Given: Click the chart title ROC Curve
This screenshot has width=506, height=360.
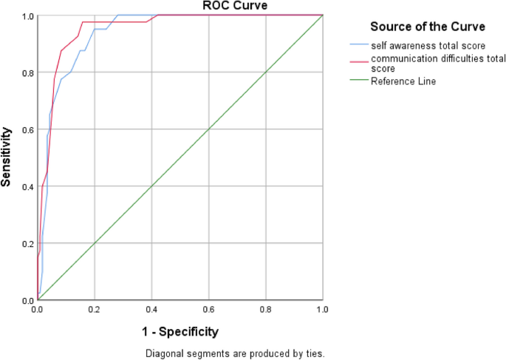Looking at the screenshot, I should (235, 7).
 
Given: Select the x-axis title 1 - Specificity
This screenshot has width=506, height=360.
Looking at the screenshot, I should (180, 331).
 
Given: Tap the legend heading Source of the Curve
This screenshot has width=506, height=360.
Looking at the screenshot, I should (427, 27).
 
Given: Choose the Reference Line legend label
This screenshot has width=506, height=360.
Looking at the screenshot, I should (403, 81).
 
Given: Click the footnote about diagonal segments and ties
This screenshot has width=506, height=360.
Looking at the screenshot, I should (234, 353).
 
